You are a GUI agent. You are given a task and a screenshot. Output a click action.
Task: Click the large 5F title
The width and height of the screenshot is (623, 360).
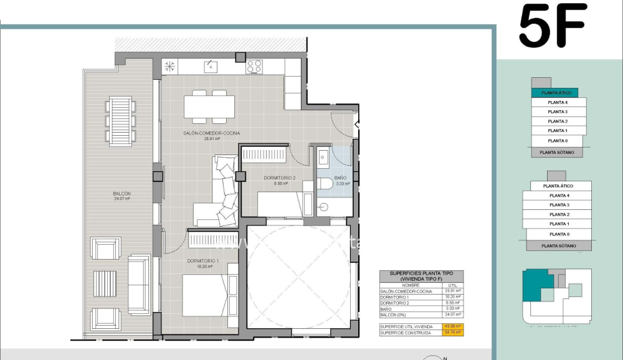tap(553, 26)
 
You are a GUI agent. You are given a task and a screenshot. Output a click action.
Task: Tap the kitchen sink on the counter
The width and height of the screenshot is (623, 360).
tap(211, 66)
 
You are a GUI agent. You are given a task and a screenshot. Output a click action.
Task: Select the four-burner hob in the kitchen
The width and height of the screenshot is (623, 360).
tap(254, 66)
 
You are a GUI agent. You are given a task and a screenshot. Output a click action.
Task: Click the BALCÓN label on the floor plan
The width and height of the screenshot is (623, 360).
tap(122, 194)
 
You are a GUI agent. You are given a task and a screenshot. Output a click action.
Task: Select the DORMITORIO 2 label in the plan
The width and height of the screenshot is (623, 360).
tap(280, 178)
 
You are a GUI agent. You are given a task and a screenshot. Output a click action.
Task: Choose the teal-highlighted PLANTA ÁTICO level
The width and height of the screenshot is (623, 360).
tap(554, 93)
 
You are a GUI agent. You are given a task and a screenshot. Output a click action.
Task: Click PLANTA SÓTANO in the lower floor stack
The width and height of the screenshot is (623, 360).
tap(558, 246)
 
